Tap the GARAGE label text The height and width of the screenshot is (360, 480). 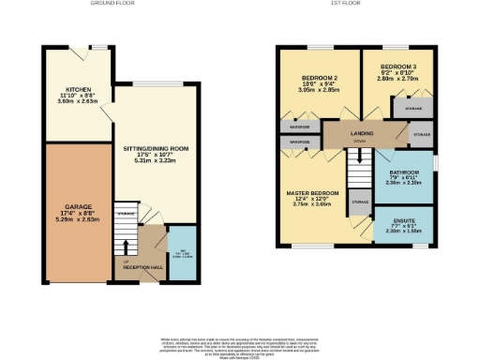tap(77, 205)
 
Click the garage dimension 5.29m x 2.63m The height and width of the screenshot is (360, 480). tap(77, 221)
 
